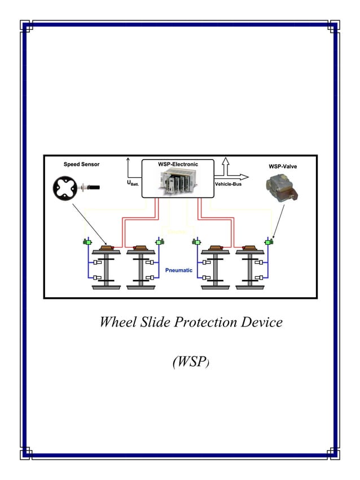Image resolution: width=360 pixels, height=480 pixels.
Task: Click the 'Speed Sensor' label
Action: coord(81,164)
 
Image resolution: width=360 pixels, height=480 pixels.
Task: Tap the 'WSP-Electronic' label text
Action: coord(178,164)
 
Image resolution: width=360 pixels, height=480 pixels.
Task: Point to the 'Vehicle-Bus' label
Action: coord(228,184)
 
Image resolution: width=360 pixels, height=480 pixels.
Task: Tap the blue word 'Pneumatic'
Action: coord(179,270)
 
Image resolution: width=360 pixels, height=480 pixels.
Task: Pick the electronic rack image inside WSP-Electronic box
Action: coord(177,182)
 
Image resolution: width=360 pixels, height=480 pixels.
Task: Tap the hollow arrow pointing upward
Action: coord(225,166)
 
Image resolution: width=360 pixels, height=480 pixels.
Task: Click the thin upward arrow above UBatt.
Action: coord(129,168)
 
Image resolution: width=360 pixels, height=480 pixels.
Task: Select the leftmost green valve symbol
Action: coord(87,243)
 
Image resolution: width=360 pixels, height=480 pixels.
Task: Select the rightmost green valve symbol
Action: coord(269,243)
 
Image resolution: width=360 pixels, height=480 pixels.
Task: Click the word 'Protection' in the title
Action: coord(208,322)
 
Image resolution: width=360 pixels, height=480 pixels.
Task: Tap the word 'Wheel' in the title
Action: coord(116,322)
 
